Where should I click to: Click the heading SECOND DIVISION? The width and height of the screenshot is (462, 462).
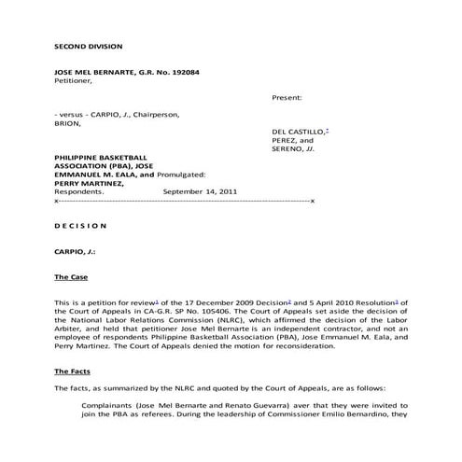(x=89, y=46)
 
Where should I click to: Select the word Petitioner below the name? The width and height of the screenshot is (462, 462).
(x=75, y=81)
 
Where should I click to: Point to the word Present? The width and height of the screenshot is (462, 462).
(x=288, y=97)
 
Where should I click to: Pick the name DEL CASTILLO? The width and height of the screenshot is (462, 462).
(x=297, y=132)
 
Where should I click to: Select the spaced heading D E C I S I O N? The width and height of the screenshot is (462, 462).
(x=81, y=225)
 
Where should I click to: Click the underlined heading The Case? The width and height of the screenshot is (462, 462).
(x=73, y=277)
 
